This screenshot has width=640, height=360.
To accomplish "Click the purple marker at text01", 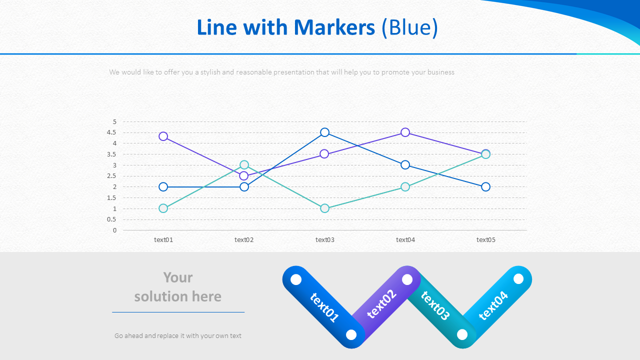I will coord(163,136).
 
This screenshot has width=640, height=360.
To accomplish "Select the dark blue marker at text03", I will coord(325,132).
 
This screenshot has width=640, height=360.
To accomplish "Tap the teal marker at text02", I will coord(244,165).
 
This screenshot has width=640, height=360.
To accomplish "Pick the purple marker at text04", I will coord(405,132).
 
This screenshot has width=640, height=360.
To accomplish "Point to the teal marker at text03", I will coord(325,208).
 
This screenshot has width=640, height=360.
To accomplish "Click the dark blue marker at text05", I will coord(486,187).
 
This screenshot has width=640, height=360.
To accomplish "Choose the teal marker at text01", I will coord(163,208).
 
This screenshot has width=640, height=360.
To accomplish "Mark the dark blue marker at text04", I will coord(405,165).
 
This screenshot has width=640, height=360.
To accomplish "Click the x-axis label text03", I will coord(325,240).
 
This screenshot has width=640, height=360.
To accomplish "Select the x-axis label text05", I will coord(486,240).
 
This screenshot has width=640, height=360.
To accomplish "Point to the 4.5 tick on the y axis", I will coord(111,132).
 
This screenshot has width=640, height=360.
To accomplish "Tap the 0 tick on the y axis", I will coord(114,230).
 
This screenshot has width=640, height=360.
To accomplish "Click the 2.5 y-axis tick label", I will coord(111,176).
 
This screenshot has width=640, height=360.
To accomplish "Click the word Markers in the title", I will coord(334,27).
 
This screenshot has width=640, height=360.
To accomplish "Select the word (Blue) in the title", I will coord(409,27).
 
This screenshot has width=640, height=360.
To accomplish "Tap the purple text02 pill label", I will coord(382,303).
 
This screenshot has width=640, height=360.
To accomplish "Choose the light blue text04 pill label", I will coord(493,305).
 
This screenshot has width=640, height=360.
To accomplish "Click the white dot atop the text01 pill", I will coord(296,279).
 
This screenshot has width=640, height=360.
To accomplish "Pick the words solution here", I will coord(178,296).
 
